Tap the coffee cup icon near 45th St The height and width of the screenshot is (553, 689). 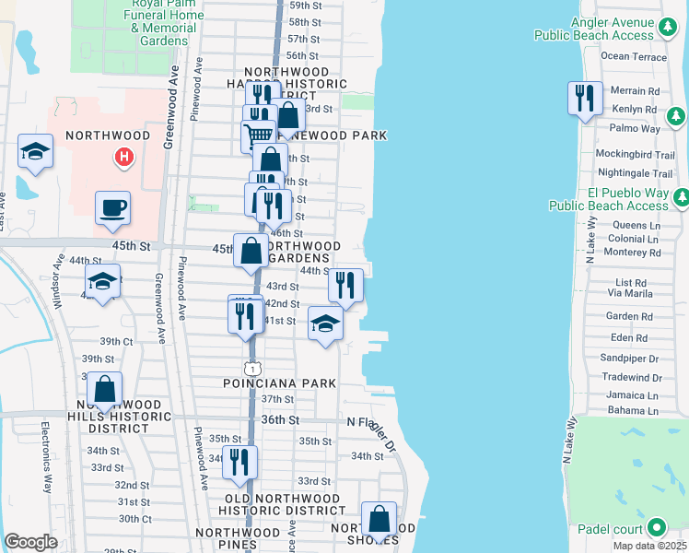click(113, 208)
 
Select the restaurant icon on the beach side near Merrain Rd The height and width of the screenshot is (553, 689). click(585, 99)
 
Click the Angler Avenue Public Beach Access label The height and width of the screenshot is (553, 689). click(599, 29)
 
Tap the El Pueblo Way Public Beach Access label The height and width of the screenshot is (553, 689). click(608, 200)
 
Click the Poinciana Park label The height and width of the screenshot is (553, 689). click(279, 382)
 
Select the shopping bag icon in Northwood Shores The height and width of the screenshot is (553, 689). click(379, 520)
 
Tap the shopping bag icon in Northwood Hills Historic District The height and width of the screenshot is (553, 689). click(106, 391)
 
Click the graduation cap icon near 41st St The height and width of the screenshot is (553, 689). click(325, 324)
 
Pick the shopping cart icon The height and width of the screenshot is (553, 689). click(259, 135)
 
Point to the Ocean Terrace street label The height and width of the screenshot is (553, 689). click(633, 56)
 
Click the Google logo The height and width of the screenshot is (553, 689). click(30, 542)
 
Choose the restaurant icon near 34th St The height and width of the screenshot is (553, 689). click(239, 463)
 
